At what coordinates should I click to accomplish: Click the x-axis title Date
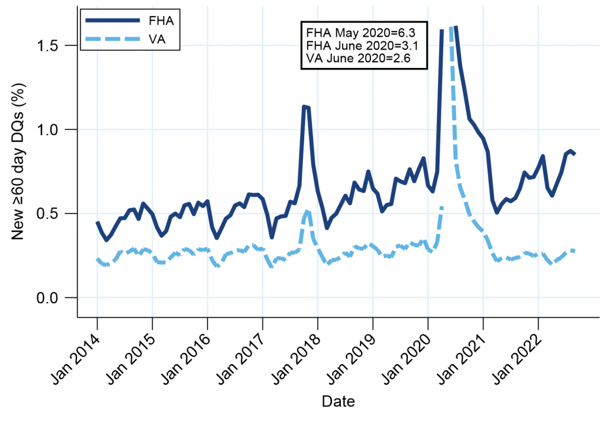click(338, 402)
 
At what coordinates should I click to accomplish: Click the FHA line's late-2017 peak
click(304, 106)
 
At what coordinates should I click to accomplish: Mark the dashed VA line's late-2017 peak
click(307, 211)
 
